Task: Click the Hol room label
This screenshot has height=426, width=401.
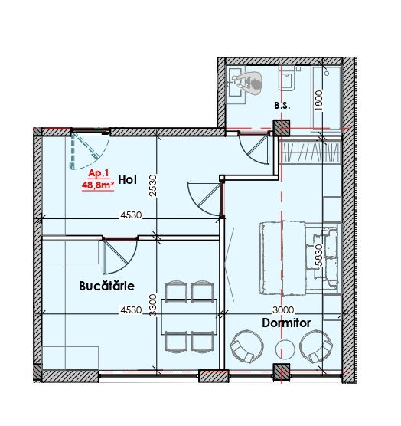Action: tap(127, 180)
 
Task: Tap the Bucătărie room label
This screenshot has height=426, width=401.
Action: tap(107, 286)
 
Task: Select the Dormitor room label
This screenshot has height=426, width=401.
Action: tap(286, 323)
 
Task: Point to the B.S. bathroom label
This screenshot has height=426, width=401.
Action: tap(282, 106)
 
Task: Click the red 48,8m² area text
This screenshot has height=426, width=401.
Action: tap(98, 185)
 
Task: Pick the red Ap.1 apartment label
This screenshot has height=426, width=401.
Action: tap(99, 173)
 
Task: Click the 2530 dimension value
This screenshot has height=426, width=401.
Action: tap(153, 185)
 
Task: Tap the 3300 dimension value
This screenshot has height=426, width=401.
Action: tap(153, 305)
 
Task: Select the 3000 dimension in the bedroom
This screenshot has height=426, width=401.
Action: tap(283, 310)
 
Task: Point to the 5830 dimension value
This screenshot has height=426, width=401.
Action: tap(319, 255)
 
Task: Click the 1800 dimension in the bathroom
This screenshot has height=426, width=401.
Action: tap(319, 100)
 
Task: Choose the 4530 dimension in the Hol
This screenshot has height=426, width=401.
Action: tap(131, 215)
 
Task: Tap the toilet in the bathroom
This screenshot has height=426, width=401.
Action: tap(286, 79)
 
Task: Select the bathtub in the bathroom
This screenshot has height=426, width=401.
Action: tap(327, 98)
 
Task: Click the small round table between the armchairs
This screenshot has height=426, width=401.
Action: tap(285, 349)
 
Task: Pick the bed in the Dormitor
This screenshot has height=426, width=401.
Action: tap(300, 258)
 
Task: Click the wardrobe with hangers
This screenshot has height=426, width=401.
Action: tap(311, 152)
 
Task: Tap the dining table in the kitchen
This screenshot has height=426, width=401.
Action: tap(189, 316)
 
